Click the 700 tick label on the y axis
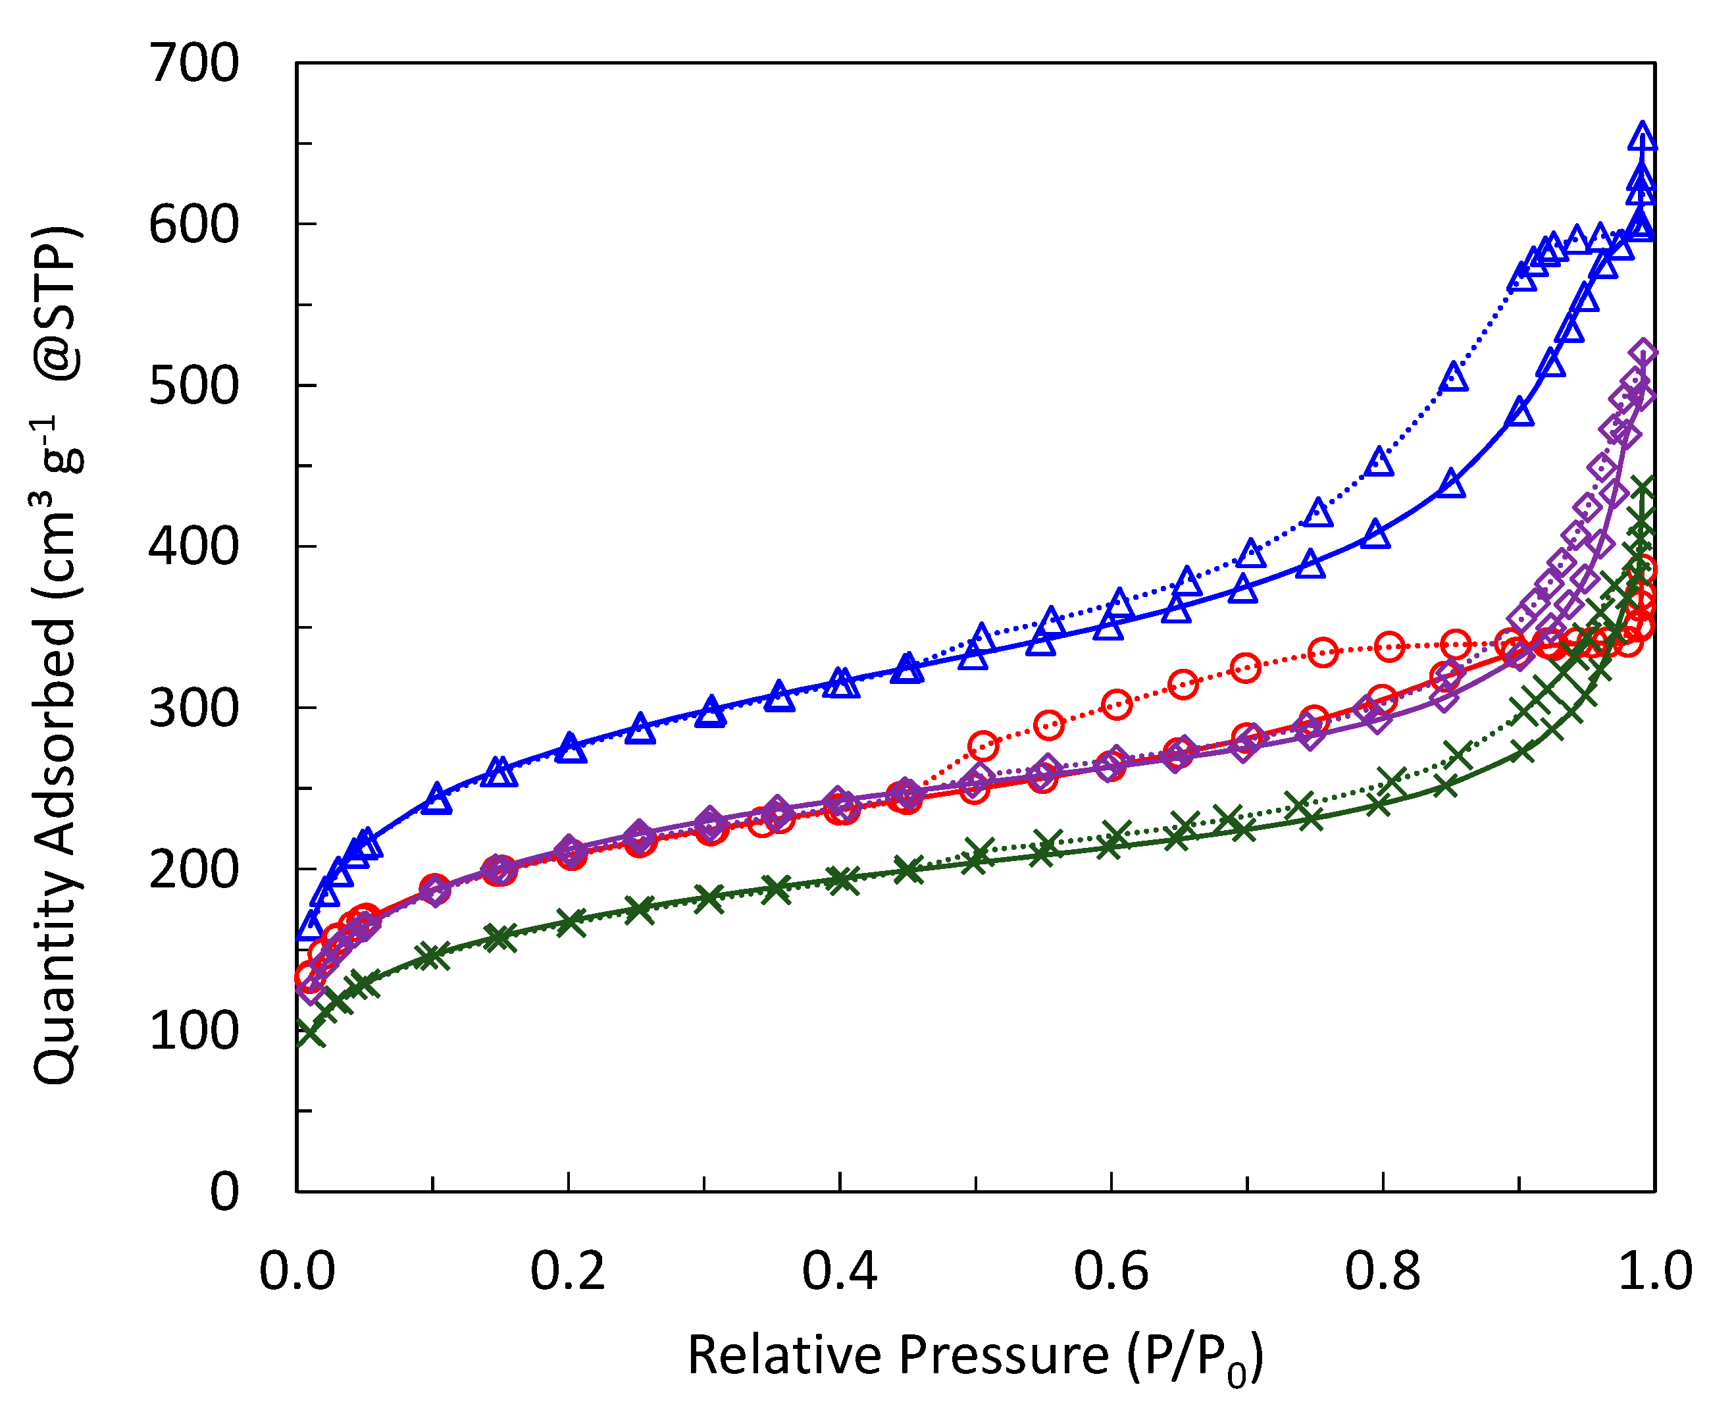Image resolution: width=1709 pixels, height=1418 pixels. [x=193, y=63]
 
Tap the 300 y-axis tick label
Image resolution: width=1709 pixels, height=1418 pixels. [x=193, y=709]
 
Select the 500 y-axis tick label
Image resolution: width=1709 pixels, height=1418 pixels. [x=193, y=386]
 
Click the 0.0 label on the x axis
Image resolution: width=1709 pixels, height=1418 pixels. [x=297, y=1271]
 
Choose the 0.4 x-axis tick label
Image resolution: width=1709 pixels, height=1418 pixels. [x=840, y=1271]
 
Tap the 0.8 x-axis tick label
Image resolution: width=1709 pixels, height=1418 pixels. [x=1382, y=1271]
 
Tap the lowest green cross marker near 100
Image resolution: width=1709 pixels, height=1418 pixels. [x=310, y=1033]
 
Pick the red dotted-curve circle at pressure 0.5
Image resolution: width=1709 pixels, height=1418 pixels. [x=983, y=746]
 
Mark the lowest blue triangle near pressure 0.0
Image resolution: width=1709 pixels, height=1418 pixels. [x=310, y=926]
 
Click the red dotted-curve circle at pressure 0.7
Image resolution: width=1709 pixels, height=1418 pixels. [x=1245, y=668]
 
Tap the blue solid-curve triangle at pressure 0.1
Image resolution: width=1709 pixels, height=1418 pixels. [x=437, y=799]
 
